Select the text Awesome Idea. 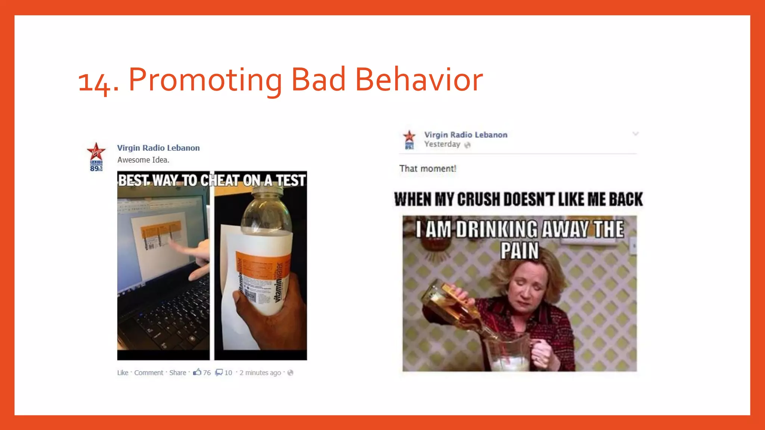tap(143, 160)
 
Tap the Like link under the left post tap(123, 373)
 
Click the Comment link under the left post tap(149, 373)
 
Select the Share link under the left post tap(177, 373)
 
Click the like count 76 tap(207, 373)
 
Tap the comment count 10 tap(228, 373)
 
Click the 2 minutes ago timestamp tap(260, 373)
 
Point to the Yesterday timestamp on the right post tap(442, 144)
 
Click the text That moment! tap(428, 168)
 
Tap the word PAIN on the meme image tap(520, 250)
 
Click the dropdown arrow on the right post tap(635, 134)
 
